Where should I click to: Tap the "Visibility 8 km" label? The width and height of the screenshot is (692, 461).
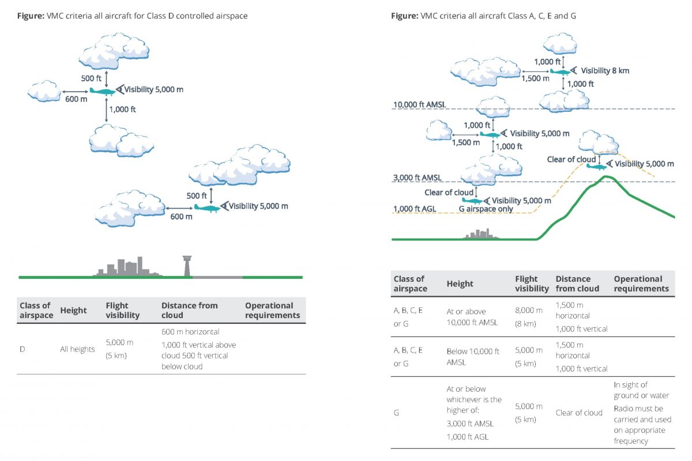[604, 71]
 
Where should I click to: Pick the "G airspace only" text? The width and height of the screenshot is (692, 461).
[486, 209]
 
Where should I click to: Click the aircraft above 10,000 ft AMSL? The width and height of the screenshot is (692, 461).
[560, 71]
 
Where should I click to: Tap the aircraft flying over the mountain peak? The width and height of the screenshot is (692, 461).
[596, 167]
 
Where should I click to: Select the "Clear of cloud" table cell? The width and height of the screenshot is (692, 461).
[578, 413]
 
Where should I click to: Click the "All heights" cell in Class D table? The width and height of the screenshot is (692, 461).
[77, 349]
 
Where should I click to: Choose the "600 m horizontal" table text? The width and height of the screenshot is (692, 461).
[190, 332]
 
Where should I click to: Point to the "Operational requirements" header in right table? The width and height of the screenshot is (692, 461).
[641, 284]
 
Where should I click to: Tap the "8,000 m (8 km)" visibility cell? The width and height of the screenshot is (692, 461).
[526, 316]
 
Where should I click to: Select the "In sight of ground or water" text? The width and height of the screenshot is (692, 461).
[641, 390]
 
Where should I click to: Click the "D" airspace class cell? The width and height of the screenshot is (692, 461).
[22, 349]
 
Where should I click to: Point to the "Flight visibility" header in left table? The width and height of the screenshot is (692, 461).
[123, 310]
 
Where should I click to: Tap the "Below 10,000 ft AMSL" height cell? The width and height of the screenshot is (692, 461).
[472, 357]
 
